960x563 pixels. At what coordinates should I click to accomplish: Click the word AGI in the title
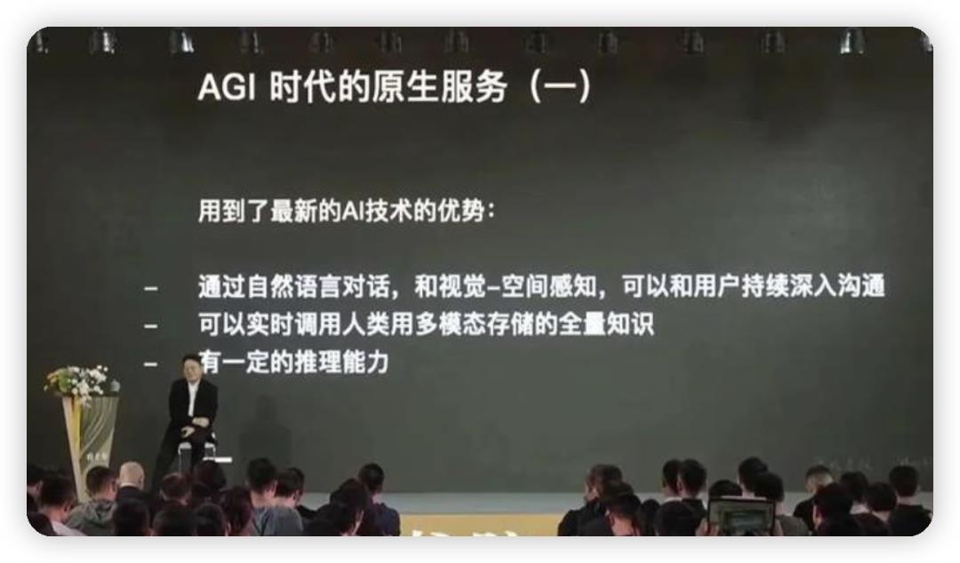click(226, 87)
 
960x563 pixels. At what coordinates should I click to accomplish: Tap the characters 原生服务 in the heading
click(443, 86)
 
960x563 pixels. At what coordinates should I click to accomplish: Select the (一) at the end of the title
click(560, 86)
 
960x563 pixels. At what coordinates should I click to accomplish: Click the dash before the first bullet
click(150, 288)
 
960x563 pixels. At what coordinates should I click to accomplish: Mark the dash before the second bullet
click(150, 326)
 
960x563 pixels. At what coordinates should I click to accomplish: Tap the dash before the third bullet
click(150, 364)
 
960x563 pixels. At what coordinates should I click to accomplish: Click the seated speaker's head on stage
click(191, 367)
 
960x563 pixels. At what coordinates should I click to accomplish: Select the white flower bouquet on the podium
click(82, 381)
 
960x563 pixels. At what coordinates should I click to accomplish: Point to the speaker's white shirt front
click(192, 398)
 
